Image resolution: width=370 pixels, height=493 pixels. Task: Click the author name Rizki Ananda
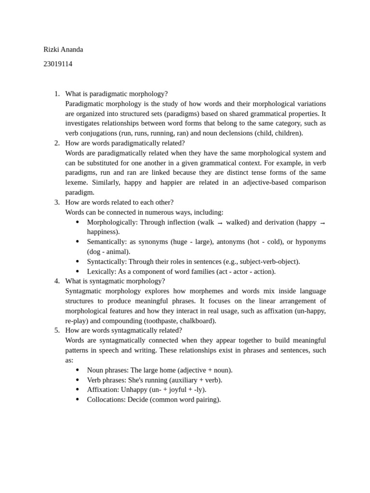[x=63, y=49]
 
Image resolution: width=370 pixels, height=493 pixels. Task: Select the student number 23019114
[x=57, y=64]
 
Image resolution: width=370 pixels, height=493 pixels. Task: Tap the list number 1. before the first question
[x=56, y=93]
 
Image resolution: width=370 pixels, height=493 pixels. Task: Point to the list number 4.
[x=56, y=281]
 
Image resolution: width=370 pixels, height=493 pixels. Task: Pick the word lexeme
[x=76, y=182]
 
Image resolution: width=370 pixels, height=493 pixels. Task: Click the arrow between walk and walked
[x=220, y=222]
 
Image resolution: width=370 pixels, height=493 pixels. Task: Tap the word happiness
[x=103, y=232]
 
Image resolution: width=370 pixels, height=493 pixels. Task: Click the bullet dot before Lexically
[x=77, y=272]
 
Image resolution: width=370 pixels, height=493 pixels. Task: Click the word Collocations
[x=106, y=400]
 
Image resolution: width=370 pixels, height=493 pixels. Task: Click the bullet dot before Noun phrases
[x=77, y=370]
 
